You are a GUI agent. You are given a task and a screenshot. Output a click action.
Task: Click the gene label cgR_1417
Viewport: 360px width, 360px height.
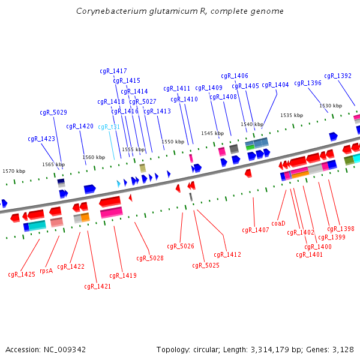click(113, 71)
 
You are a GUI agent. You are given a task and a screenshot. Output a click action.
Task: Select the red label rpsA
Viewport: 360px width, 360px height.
click(46, 271)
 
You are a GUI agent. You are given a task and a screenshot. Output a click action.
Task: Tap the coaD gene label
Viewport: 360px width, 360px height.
click(278, 223)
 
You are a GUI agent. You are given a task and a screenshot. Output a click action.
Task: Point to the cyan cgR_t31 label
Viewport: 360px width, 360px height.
click(109, 127)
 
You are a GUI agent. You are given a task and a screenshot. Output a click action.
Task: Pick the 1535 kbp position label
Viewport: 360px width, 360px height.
click(292, 115)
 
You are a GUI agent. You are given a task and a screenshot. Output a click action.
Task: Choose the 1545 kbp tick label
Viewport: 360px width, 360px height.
click(212, 133)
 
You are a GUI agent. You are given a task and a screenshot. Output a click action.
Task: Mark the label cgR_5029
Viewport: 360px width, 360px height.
click(53, 113)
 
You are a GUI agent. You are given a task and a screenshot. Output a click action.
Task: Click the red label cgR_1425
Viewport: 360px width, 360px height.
click(22, 275)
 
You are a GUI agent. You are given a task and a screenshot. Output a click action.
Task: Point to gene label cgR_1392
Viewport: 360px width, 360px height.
click(338, 76)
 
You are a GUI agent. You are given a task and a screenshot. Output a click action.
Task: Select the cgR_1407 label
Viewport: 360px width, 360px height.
click(256, 230)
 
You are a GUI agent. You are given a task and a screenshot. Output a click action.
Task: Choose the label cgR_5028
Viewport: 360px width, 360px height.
click(150, 259)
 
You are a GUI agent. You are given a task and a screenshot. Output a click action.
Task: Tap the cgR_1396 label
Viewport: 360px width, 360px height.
click(308, 83)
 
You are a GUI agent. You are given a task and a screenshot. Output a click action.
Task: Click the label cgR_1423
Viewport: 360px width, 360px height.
click(41, 139)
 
